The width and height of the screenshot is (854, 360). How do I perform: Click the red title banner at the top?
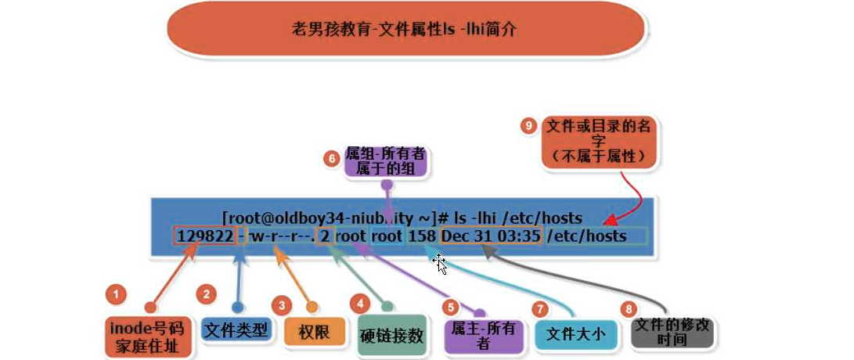[405, 31]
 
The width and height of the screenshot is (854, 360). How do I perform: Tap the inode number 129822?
[205, 235]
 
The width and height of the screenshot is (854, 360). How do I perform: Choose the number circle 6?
[332, 157]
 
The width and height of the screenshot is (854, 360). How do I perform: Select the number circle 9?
[529, 124]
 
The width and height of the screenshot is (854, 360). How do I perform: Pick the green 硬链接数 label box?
[393, 336]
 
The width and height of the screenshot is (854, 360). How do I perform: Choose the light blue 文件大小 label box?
[575, 334]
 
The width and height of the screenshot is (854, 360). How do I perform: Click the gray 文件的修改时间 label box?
[672, 333]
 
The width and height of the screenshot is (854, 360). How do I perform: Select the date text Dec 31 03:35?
[490, 235]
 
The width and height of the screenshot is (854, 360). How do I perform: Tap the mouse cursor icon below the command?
[441, 264]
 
